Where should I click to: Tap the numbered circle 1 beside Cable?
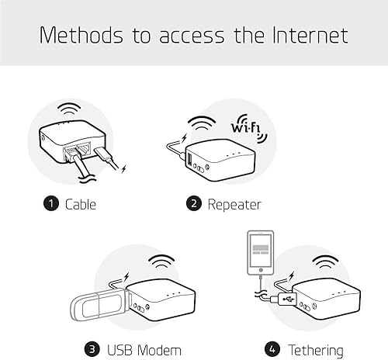point(51,204)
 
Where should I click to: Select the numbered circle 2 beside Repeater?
point(194,204)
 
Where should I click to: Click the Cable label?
point(81,204)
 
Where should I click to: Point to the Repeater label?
point(234,204)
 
